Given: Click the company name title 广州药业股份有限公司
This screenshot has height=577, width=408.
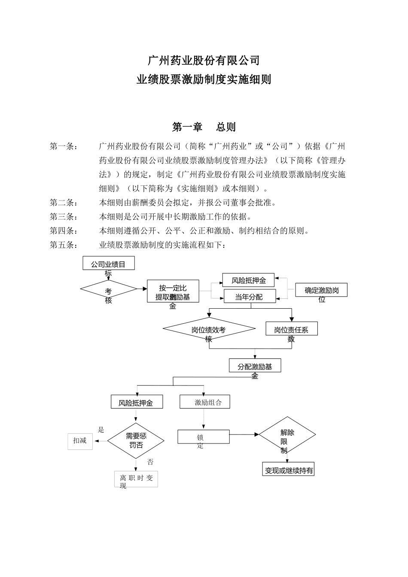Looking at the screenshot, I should (204, 61).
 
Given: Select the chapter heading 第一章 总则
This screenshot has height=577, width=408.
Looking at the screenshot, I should (204, 127).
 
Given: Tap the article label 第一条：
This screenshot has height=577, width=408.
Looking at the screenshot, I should (64, 146).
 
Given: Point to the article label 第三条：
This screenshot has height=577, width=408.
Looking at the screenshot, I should (64, 217).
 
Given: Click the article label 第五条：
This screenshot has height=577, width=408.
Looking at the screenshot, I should (64, 245).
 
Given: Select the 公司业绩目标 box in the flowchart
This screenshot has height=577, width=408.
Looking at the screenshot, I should (108, 264).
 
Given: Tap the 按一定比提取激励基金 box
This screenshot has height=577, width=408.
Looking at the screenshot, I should (173, 292).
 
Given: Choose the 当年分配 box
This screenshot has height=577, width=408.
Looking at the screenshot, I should (250, 297).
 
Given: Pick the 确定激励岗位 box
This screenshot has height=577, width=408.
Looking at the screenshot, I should (321, 291).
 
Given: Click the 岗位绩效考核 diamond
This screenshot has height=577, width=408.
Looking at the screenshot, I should (209, 329).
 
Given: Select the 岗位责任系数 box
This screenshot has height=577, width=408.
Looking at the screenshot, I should (292, 329).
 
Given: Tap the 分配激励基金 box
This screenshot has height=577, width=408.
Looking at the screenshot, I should (255, 366).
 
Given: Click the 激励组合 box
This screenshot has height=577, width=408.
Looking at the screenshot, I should (204, 402).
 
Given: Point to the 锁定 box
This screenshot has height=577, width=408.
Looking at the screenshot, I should (204, 437).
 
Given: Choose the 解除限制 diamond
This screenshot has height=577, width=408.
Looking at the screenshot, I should (287, 435).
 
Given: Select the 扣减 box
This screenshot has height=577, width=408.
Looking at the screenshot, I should (80, 441).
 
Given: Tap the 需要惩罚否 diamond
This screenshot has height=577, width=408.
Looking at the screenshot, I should (136, 441).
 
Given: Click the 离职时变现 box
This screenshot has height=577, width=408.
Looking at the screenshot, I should (136, 479).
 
